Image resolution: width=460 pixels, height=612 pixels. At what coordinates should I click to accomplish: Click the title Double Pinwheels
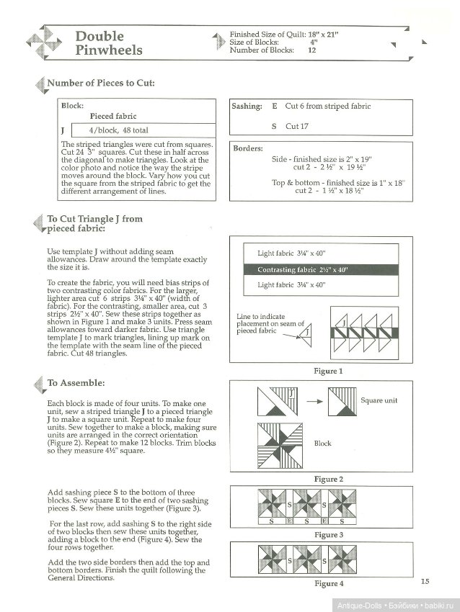click(x=109, y=43)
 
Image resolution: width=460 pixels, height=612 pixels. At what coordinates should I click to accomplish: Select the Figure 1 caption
click(x=327, y=371)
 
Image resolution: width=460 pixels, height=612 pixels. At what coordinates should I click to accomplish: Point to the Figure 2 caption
click(x=327, y=479)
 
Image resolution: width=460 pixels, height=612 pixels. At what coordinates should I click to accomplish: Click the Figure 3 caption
click(x=327, y=535)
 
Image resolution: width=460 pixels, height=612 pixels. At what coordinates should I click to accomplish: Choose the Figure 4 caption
click(x=327, y=583)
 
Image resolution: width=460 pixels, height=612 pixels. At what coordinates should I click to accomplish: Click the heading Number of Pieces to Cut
click(x=100, y=83)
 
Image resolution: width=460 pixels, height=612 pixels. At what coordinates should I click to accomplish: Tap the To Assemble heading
click(x=76, y=383)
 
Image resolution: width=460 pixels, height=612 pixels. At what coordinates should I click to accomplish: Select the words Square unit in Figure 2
click(x=380, y=400)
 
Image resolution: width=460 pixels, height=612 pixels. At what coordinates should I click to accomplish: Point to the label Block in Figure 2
click(x=322, y=444)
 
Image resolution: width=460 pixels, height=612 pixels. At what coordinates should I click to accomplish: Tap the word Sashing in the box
click(x=247, y=106)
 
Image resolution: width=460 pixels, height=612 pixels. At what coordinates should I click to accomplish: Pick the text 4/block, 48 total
click(x=118, y=130)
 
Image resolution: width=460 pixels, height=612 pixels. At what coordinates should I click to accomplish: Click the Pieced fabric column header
click(x=113, y=116)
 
